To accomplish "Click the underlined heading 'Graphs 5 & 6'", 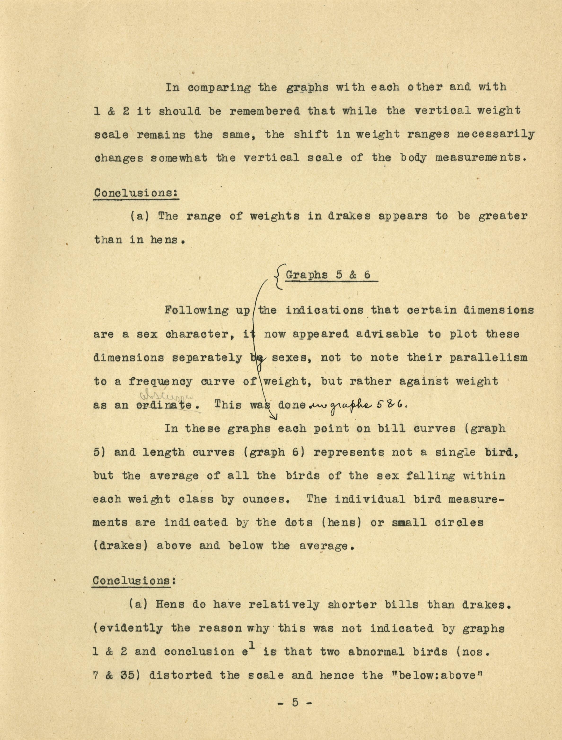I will [x=328, y=275].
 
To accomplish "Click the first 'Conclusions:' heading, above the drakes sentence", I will [x=136, y=193].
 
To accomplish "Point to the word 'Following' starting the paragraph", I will [x=197, y=310].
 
